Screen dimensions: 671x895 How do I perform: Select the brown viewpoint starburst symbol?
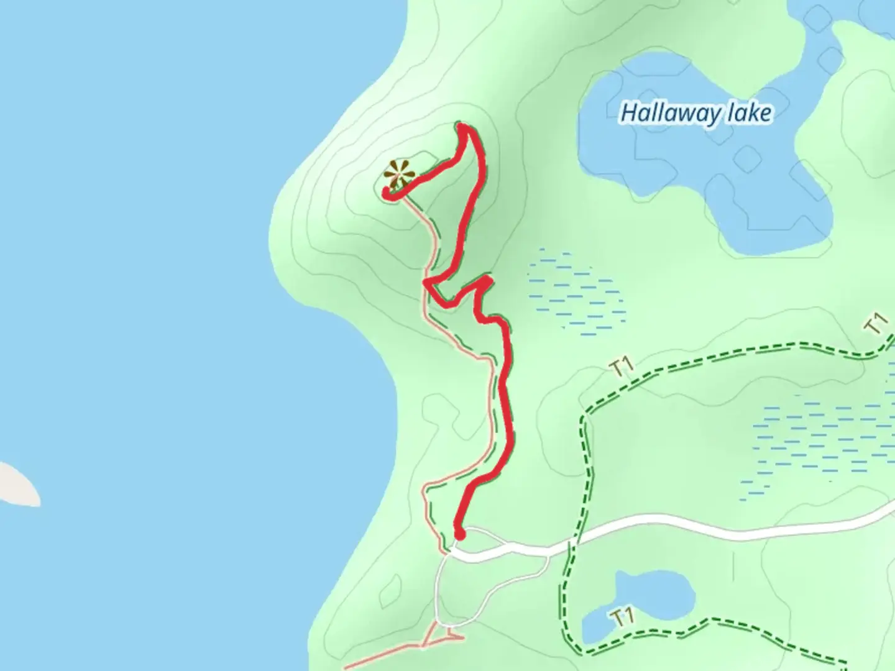(398, 173)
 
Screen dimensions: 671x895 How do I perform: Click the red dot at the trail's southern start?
(460, 534)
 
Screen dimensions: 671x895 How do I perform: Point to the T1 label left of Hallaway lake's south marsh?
(622, 367)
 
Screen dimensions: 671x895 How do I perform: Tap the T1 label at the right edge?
(876, 323)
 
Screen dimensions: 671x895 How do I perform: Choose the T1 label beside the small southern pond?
(623, 618)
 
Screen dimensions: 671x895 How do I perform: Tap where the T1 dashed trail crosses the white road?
(571, 546)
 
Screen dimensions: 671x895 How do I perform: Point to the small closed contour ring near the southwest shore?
(393, 587)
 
